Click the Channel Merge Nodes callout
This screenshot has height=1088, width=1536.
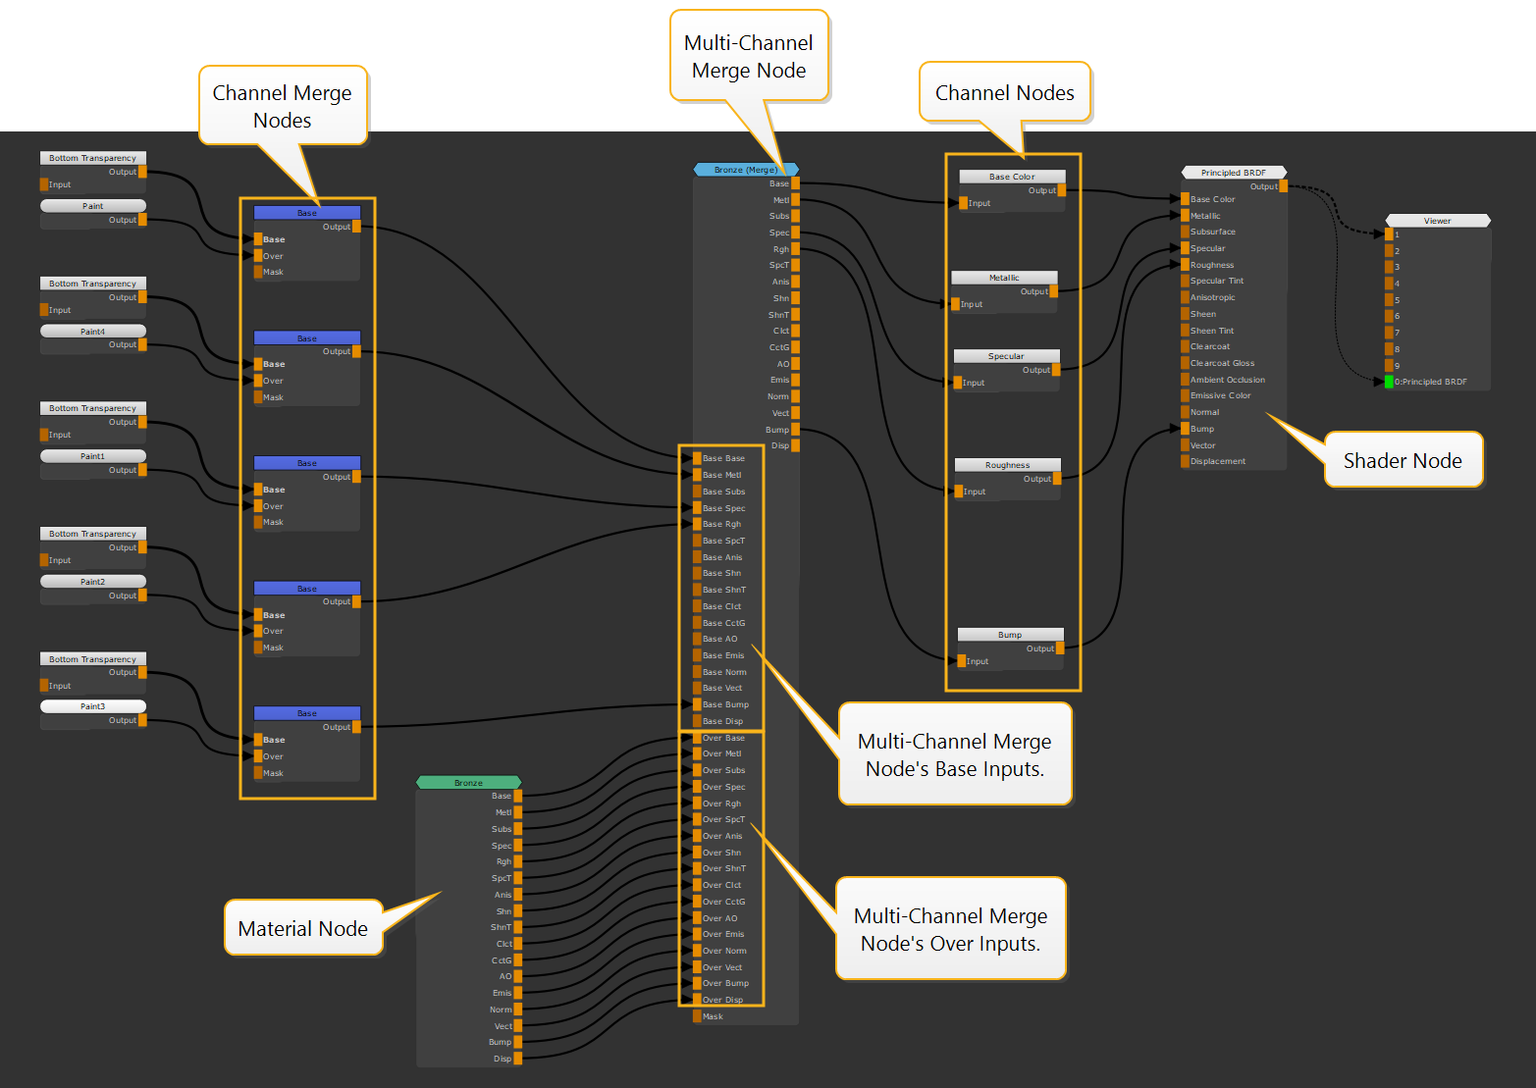(283, 106)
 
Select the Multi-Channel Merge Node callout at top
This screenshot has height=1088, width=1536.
(749, 56)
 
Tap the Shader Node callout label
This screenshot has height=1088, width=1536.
(1402, 461)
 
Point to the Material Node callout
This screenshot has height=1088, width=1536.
(302, 928)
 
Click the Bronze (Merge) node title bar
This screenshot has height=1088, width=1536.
(746, 170)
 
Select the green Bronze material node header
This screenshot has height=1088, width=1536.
(468, 783)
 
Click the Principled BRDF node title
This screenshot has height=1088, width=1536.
(1233, 173)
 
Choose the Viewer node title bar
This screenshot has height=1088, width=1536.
(1437, 221)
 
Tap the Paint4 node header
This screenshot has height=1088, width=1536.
(93, 332)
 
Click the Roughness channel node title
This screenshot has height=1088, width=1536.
(1007, 465)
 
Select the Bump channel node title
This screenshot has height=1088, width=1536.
(1010, 635)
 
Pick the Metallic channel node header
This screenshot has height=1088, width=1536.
(1003, 278)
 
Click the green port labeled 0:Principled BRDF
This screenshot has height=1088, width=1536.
(1389, 382)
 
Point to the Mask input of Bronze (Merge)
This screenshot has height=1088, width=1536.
(712, 1016)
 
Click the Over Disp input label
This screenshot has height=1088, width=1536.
(722, 1000)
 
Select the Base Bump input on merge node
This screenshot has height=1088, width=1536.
(725, 704)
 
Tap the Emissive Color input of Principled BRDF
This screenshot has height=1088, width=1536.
(1220, 395)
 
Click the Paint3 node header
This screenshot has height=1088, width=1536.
(93, 706)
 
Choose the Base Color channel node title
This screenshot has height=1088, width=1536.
(1011, 177)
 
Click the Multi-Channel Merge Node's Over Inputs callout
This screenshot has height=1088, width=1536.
(950, 929)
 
